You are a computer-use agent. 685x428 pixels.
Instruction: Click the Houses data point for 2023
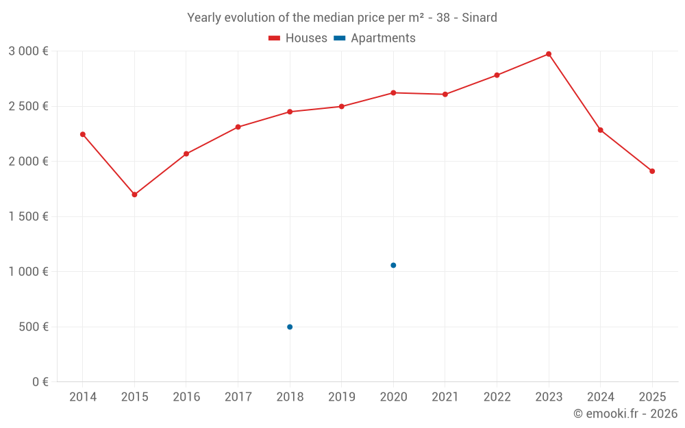point(549,54)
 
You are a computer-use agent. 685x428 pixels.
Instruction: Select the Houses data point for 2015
point(134,194)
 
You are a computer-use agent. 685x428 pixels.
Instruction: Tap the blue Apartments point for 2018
point(290,327)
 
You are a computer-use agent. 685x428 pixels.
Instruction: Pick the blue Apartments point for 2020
point(393,265)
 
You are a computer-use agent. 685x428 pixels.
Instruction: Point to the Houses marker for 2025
point(652,171)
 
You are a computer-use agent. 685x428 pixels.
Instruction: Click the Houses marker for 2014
point(83,134)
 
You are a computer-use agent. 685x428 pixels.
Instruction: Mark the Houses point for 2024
point(601,130)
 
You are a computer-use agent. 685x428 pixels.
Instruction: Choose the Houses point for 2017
point(238,127)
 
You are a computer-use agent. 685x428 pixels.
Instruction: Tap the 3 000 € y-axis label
point(28,51)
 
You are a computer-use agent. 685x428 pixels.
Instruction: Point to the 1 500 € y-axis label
point(28,216)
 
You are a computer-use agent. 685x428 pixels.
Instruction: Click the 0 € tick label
point(40,382)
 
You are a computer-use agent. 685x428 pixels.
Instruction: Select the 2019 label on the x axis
point(342,397)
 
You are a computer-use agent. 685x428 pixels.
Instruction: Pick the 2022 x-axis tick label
point(497,397)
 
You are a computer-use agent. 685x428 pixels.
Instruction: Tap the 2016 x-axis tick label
point(186,397)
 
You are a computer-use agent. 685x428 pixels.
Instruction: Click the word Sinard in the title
point(479,18)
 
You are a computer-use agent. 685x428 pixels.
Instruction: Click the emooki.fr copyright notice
point(625,414)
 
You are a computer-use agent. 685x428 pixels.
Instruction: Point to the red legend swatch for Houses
point(275,38)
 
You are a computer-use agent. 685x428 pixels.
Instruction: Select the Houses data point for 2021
point(445,95)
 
